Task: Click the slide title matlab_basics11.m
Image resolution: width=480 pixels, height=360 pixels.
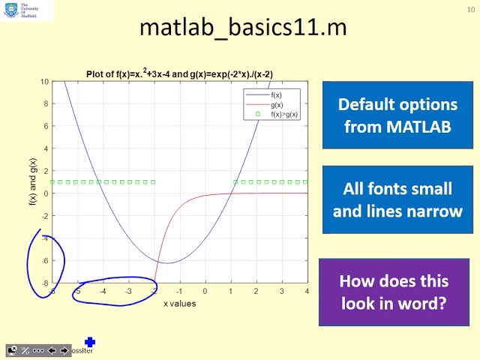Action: tap(243, 29)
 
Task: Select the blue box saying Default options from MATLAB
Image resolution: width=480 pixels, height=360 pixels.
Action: tap(397, 115)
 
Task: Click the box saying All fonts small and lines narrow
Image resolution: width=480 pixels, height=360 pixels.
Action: tap(397, 199)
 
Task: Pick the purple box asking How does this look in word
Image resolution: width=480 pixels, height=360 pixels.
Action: tap(394, 292)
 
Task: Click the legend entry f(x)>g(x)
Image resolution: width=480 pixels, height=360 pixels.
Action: tap(283, 114)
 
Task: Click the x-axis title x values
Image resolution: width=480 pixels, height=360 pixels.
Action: tap(180, 304)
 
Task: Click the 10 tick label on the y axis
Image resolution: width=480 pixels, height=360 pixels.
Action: tap(45, 82)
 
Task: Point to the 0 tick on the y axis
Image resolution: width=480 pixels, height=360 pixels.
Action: tap(46, 193)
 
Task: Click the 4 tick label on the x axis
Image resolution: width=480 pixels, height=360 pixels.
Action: tap(307, 291)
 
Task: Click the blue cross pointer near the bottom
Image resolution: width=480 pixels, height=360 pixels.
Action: tap(91, 342)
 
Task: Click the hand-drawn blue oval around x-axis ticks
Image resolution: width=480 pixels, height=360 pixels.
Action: tap(114, 291)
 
